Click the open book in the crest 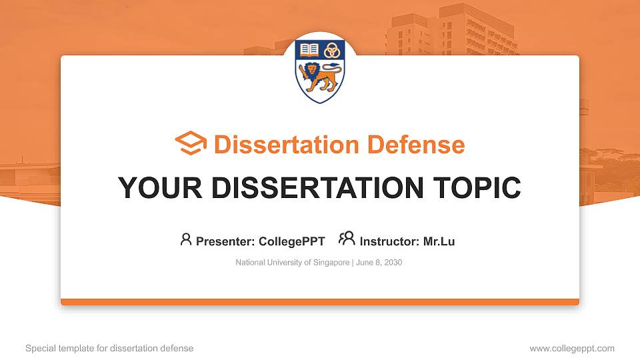pos(309,49)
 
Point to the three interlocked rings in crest pos(331,49)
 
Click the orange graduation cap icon pos(191,143)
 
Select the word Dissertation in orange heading pos(277,145)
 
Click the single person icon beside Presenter pos(186,239)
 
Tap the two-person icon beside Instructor pos(347,239)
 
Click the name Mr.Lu pos(439,241)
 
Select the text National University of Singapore pos(292,263)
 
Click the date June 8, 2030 pos(379,263)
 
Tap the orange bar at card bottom pos(320,302)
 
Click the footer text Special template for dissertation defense pos(109,348)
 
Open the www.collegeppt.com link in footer pos(572,348)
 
